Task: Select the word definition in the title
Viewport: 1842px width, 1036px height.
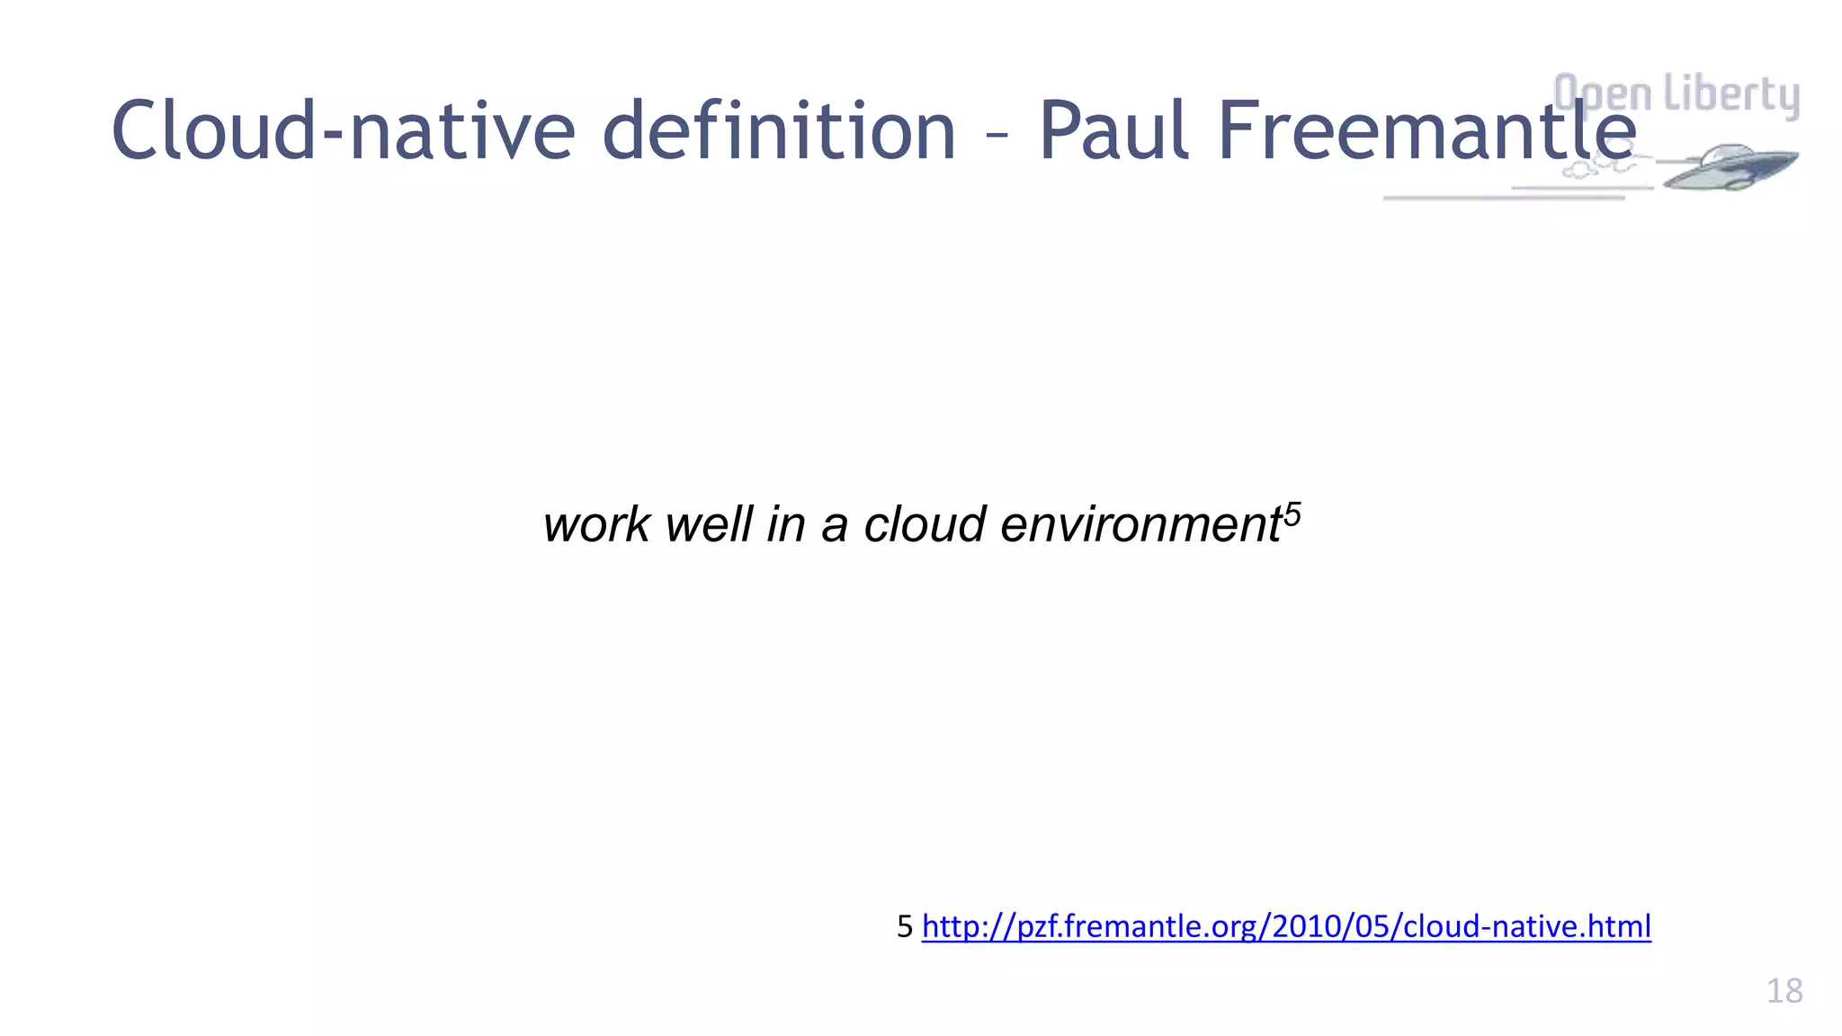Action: pyautogui.click(x=778, y=131)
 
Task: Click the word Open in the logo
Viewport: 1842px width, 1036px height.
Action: pyautogui.click(x=1603, y=94)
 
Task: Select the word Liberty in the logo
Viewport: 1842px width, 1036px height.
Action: pyautogui.click(x=1730, y=94)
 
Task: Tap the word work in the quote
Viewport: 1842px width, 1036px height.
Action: pyautogui.click(x=596, y=524)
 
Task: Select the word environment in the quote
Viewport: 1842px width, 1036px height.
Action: pyautogui.click(x=1140, y=524)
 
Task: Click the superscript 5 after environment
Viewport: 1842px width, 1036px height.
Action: pyautogui.click(x=1292, y=514)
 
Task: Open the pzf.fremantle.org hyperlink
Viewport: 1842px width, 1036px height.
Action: pyautogui.click(x=1286, y=926)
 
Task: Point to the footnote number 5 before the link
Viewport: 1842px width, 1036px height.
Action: pyautogui.click(x=905, y=926)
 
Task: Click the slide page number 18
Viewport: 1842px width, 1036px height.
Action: pyautogui.click(x=1784, y=991)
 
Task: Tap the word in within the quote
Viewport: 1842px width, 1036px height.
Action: pyautogui.click(x=785, y=524)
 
